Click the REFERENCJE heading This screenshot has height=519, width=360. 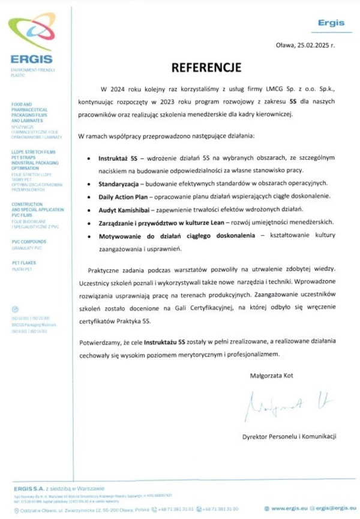[206, 66]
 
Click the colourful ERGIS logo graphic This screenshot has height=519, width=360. [31, 33]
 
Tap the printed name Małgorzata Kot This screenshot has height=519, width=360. [271, 376]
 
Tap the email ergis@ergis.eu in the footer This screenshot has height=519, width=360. [334, 509]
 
